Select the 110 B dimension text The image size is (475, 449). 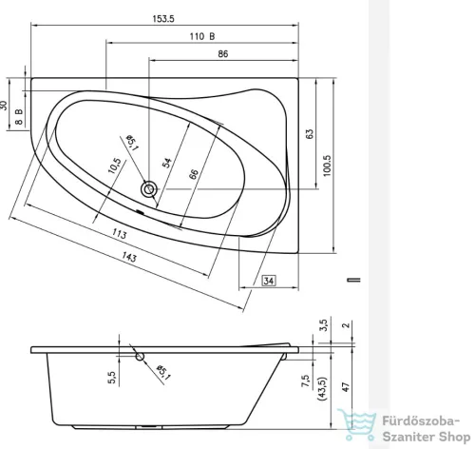coord(200,35)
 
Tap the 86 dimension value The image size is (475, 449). coord(221,56)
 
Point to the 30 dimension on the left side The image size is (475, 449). coord(7,107)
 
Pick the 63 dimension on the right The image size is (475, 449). coord(310,135)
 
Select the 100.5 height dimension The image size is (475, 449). coord(328,164)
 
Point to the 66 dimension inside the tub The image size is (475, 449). coord(193,173)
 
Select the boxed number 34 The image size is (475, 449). coord(269,282)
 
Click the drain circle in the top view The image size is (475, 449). coord(148,189)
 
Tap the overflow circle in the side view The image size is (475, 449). coord(142,358)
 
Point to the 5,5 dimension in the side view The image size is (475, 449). coord(112,378)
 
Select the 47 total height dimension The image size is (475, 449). coord(347,387)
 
